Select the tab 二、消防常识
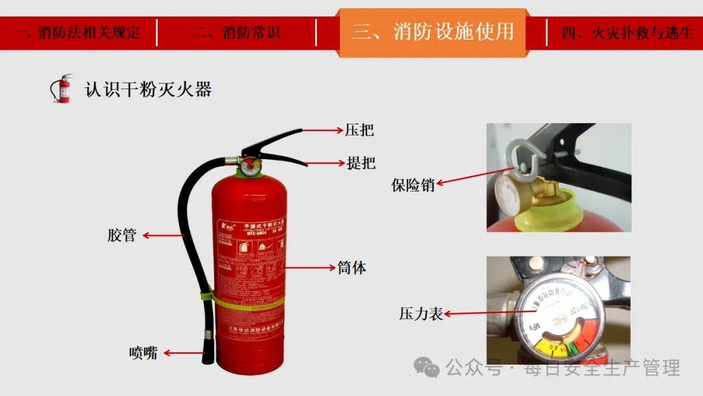236,32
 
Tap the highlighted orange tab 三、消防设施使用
432,31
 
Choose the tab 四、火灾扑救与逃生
627,32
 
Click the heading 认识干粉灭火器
148,89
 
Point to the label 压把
359,130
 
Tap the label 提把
361,162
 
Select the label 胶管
122,235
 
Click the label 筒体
351,267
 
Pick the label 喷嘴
143,353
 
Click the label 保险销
413,185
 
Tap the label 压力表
420,314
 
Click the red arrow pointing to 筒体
309,267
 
